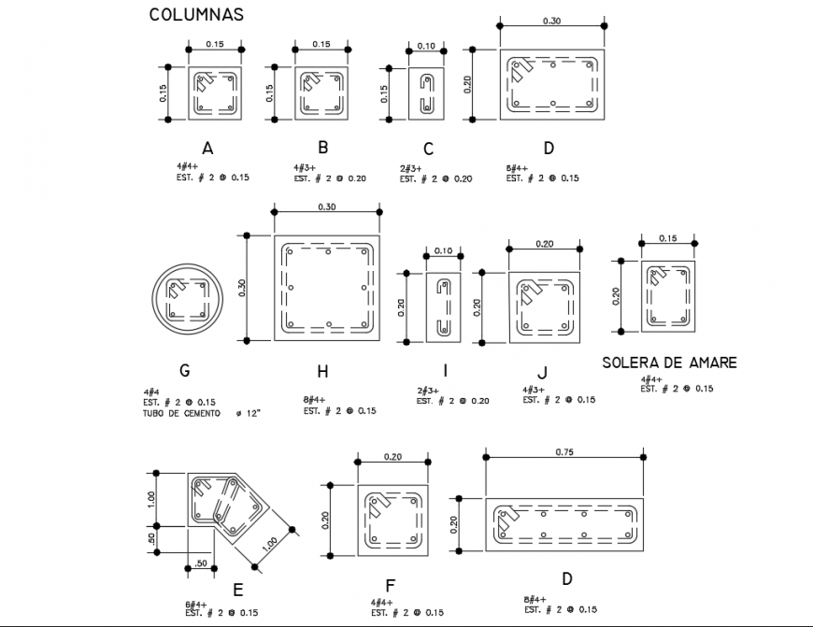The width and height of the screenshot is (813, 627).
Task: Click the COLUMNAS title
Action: (x=196, y=14)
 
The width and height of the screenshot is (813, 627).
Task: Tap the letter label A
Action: (x=207, y=148)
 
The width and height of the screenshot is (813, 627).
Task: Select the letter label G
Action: (x=184, y=370)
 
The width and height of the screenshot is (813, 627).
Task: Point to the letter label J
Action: (x=541, y=372)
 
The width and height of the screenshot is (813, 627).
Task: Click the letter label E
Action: (x=238, y=589)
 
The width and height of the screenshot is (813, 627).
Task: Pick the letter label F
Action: (x=390, y=586)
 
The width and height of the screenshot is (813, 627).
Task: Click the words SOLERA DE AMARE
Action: (x=669, y=363)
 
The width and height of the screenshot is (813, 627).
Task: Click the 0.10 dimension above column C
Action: (x=426, y=45)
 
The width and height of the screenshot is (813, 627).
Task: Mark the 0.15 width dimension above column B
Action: (x=321, y=44)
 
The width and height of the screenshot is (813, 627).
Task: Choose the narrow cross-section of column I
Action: (x=442, y=306)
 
